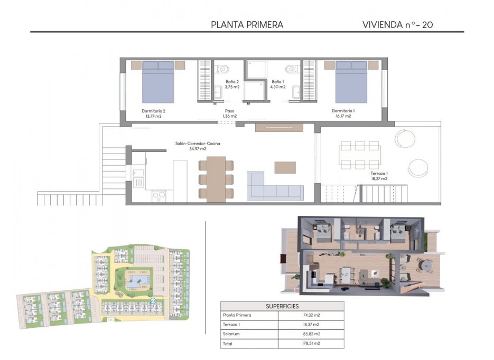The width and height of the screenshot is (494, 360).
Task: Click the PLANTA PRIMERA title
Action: coord(247,24)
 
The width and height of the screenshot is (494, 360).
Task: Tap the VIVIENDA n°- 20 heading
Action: coord(398,24)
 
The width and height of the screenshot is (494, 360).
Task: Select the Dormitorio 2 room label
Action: coord(154,113)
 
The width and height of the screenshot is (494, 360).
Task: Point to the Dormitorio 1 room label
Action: coord(343,113)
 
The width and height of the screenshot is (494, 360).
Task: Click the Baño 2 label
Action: coord(232,84)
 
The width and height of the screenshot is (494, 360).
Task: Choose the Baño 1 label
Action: coord(277,84)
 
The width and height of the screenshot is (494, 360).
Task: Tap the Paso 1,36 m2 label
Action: coord(229,113)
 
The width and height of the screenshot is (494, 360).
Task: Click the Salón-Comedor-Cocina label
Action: coord(198,146)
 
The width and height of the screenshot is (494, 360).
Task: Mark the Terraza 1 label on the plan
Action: coord(379,176)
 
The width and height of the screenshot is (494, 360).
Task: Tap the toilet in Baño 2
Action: coord(223,69)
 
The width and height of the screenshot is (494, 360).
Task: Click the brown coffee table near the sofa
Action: coord(285,167)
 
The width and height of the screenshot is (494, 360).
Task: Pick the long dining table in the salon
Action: coord(216,179)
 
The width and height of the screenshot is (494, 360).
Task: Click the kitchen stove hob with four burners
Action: coord(159,196)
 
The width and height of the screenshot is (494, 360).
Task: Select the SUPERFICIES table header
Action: coord(282,306)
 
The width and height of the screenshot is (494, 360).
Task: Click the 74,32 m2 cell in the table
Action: coord(310,315)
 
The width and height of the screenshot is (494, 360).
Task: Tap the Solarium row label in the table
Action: coord(234,334)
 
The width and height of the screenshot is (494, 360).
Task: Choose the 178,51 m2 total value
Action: coord(310,344)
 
